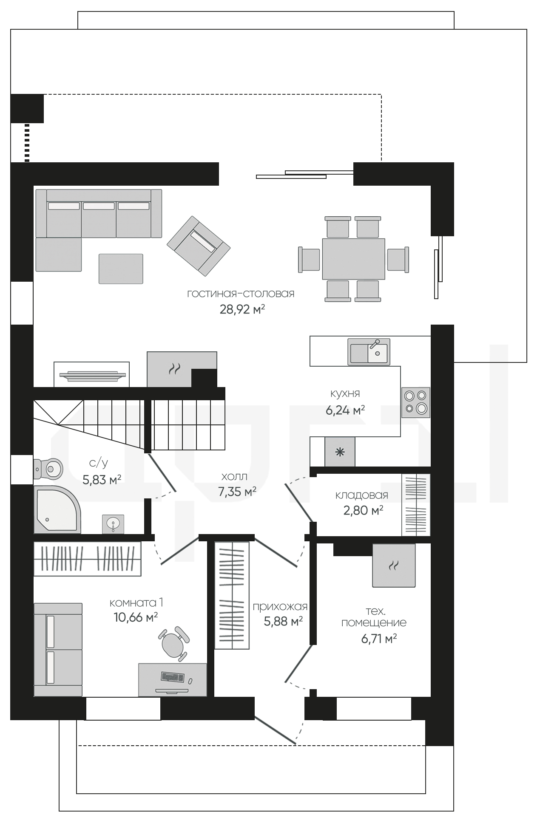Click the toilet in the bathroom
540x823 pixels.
pyautogui.click(x=48, y=469)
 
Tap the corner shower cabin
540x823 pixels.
pyautogui.click(x=57, y=509)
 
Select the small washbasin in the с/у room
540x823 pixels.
pyautogui.click(x=113, y=524)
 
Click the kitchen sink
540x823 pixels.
pyautogui.click(x=369, y=351)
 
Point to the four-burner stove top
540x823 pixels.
pyautogui.click(x=415, y=402)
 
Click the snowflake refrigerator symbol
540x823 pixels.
pyautogui.click(x=340, y=452)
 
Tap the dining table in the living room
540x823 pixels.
pyautogui.click(x=353, y=259)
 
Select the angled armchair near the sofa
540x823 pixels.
pyautogui.click(x=199, y=245)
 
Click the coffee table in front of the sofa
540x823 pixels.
pyautogui.click(x=121, y=269)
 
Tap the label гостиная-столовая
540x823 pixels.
pyautogui.click(x=241, y=294)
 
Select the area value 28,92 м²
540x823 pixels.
pyautogui.click(x=242, y=309)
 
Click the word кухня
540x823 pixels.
pyautogui.click(x=345, y=393)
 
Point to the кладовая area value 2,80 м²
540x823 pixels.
pyautogui.click(x=363, y=510)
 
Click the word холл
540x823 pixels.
pyautogui.click(x=234, y=477)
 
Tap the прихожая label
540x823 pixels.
pyautogui.click(x=280, y=607)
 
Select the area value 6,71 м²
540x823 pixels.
pyautogui.click(x=379, y=639)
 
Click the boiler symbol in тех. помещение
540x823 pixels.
pyautogui.click(x=394, y=566)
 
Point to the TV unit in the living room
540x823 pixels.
pyautogui.click(x=92, y=374)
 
